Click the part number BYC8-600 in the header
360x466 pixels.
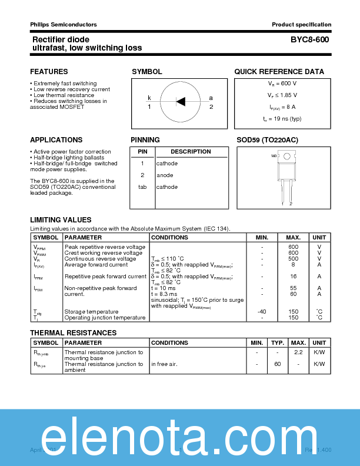309,39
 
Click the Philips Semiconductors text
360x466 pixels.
64,24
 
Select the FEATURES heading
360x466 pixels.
49,72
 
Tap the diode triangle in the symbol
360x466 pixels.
181,101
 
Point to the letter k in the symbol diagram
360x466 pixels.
149,98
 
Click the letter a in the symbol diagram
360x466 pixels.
211,98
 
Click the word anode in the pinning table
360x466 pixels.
165,175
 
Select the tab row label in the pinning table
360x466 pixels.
142,187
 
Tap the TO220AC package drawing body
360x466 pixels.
286,171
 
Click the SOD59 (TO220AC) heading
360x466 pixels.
267,140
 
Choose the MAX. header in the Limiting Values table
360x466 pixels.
293,238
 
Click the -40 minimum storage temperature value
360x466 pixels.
262,311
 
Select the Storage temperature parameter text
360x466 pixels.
91,311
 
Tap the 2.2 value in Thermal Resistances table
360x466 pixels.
298,352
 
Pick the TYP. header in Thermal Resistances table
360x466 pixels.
277,342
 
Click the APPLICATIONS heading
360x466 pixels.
56,140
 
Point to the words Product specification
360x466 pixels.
301,24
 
